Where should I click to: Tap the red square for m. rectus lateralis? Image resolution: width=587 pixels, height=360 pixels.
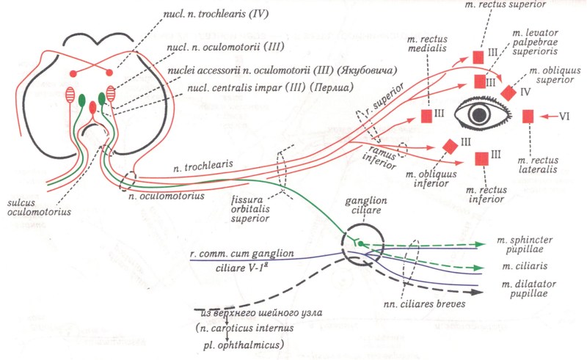tap(528, 116)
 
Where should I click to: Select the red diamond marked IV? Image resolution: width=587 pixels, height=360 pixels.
tap(507, 93)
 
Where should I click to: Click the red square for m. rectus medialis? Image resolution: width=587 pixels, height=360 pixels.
tap(427, 115)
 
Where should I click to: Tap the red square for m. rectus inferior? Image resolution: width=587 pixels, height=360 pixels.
tap(482, 158)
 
